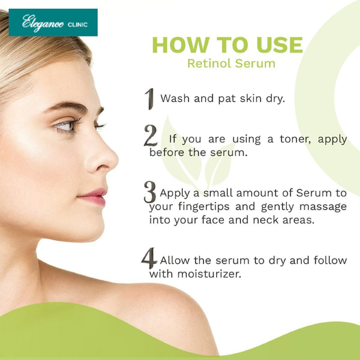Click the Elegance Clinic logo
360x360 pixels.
[x=53, y=23]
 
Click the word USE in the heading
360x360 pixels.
[x=279, y=44]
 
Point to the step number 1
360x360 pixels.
[x=149, y=99]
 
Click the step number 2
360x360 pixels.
[x=151, y=136]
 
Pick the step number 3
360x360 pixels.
[x=150, y=192]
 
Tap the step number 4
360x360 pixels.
[x=149, y=258]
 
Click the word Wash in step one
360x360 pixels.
[x=175, y=99]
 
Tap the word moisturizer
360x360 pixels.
[x=209, y=274]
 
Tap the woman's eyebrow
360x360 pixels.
[x=66, y=107]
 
